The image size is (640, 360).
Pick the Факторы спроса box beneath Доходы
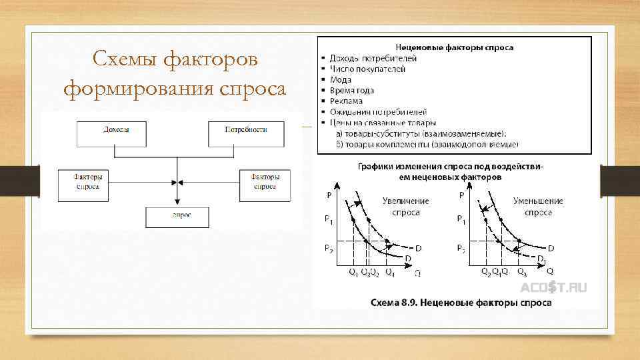tap(88, 182)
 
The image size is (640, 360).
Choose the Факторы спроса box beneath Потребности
tap(265, 182)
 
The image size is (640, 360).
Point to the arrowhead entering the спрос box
tap(177, 202)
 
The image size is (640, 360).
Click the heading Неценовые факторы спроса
tap(454, 47)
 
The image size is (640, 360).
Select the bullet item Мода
tap(340, 79)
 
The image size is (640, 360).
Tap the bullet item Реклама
tap(345, 101)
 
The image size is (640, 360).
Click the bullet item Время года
tap(351, 90)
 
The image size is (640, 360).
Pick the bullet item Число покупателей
tap(367, 69)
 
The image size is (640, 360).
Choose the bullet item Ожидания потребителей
tap(377, 112)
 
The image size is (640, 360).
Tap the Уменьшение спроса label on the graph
tap(538, 206)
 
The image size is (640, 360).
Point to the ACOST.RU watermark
tap(553, 287)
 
